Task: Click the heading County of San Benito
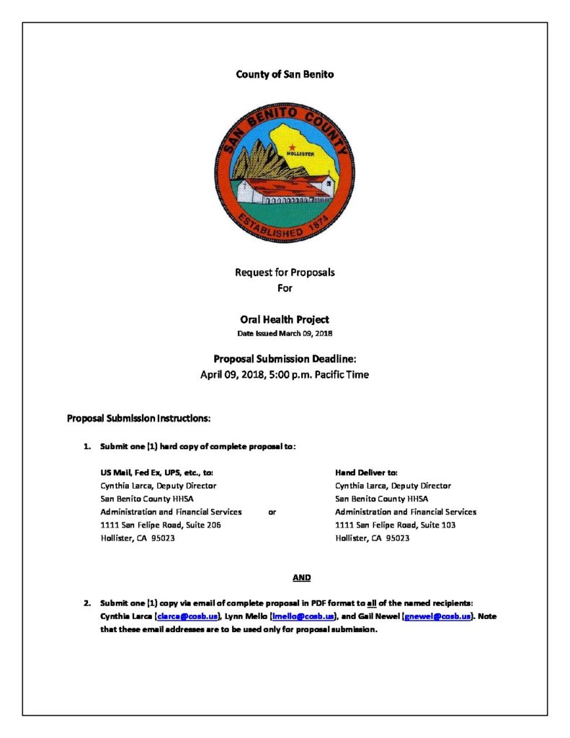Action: click(285, 74)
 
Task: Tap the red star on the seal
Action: click(292, 147)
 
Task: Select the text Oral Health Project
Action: click(285, 319)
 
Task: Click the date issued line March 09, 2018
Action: click(285, 334)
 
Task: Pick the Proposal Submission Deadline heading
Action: click(285, 359)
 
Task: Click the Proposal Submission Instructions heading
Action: click(138, 418)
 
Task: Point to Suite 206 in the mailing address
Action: click(201, 525)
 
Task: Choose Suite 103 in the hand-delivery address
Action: click(436, 525)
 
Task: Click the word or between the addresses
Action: click(272, 512)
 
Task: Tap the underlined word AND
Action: click(302, 577)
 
